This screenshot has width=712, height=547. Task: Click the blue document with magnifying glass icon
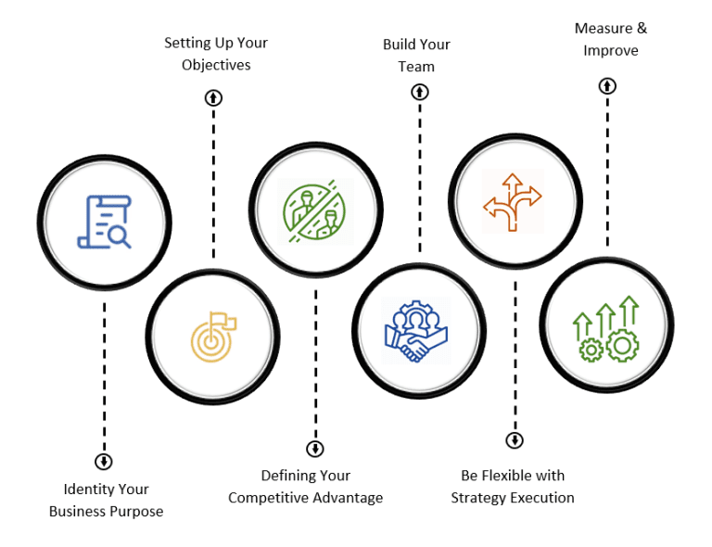click(x=104, y=222)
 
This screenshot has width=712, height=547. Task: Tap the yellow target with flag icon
click(x=213, y=335)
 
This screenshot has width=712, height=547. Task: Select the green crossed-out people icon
click(x=315, y=211)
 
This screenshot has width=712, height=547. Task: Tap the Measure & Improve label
click(x=610, y=39)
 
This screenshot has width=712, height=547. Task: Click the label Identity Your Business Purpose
click(x=106, y=500)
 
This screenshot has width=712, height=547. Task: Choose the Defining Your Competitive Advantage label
click(x=305, y=487)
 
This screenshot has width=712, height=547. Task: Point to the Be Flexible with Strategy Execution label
click(x=513, y=487)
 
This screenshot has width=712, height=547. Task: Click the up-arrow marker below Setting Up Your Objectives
click(x=213, y=97)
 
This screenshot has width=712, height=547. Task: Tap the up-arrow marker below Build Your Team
click(x=420, y=92)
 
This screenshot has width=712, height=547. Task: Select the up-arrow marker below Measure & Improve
click(x=607, y=86)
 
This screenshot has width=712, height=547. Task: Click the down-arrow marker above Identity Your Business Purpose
click(x=104, y=461)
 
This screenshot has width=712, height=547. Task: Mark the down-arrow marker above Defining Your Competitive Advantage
click(x=315, y=449)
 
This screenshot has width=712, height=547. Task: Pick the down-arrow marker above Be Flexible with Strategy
click(x=515, y=440)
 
